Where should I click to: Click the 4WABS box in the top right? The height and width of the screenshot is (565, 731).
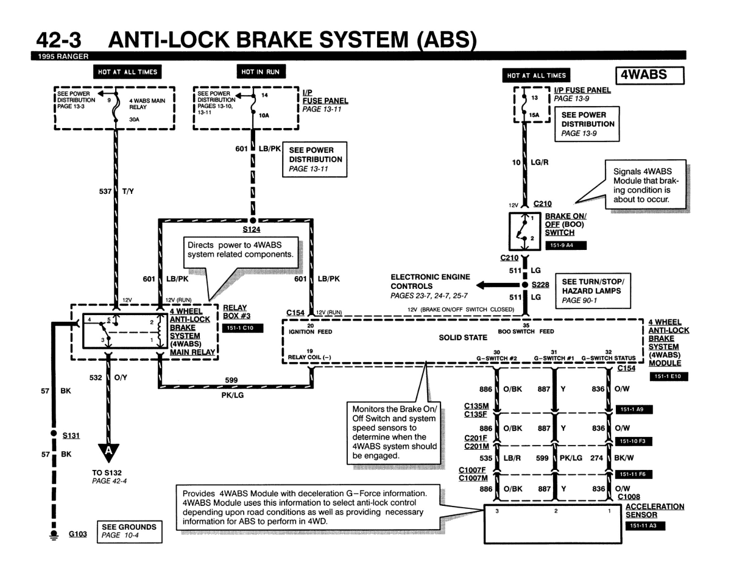(651, 75)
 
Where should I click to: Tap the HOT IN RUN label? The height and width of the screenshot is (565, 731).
(260, 72)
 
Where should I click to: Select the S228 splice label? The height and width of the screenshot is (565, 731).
(541, 285)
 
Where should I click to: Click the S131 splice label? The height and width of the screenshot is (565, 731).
(72, 436)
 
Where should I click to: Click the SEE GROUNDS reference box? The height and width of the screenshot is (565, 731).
(129, 531)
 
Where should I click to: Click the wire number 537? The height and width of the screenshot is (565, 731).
(105, 191)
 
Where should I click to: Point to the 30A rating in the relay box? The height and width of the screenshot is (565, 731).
(135, 120)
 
